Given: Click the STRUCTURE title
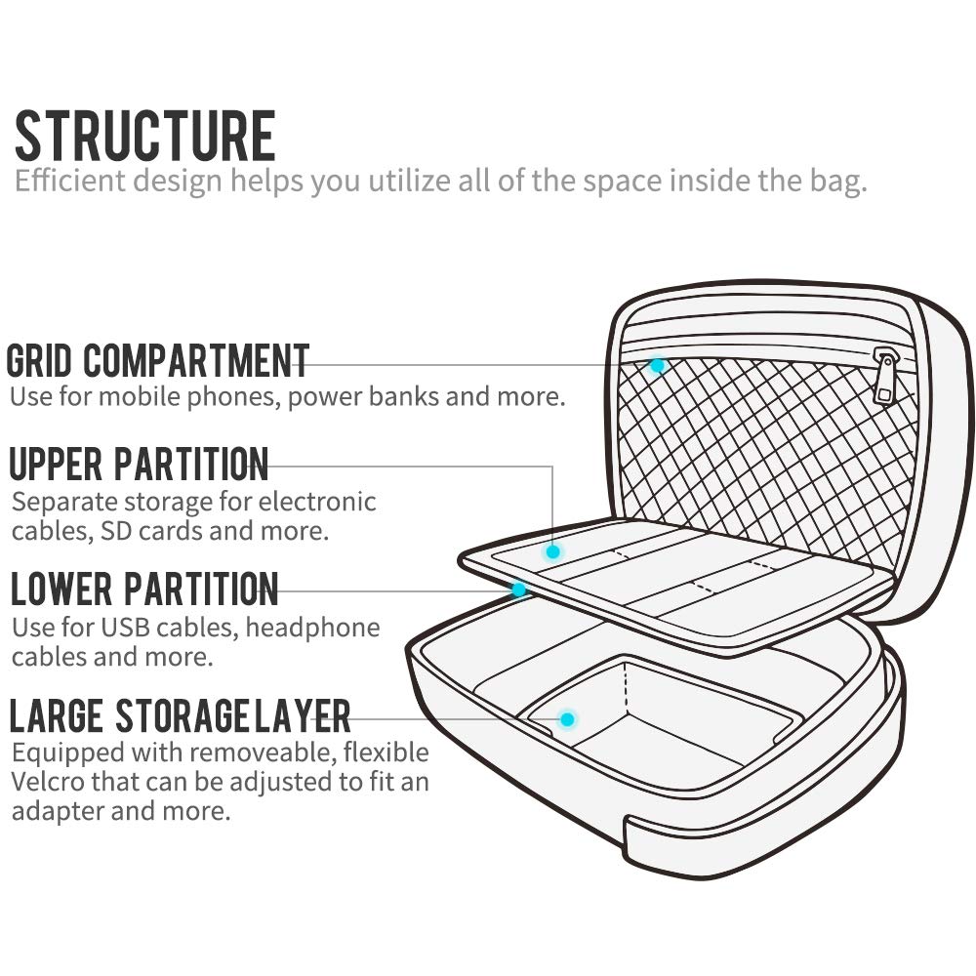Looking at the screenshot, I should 145,137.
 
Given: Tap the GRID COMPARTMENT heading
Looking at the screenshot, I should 158,361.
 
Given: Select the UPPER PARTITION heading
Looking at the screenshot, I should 139,465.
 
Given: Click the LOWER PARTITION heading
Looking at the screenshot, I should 144,590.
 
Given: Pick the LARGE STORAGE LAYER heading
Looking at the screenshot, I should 180,716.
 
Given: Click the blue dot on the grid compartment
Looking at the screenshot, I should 657,366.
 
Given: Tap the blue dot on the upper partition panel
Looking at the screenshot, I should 553,551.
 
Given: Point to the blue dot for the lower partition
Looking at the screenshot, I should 519,590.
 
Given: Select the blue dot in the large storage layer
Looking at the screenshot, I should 567,719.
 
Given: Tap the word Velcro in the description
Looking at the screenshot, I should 50,782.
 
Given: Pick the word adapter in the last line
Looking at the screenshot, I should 56,811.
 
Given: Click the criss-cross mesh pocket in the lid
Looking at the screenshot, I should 771,449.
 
